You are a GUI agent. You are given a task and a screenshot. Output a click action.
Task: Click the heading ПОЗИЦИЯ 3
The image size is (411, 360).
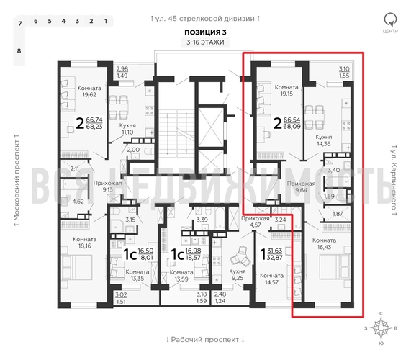click(x=204, y=32)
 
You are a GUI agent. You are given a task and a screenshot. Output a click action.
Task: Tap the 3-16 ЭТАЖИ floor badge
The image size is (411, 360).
click(x=204, y=43)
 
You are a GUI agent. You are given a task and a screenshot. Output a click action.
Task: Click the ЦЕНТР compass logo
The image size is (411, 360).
click(x=391, y=22)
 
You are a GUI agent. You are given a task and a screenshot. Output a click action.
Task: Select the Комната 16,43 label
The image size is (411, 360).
click(x=325, y=244)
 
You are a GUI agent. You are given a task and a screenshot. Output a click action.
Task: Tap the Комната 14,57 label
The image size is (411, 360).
click(x=271, y=279)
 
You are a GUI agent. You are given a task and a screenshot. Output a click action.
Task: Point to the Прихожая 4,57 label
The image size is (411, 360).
click(x=254, y=221)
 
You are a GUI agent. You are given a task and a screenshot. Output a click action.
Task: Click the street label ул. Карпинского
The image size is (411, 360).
click(x=394, y=181)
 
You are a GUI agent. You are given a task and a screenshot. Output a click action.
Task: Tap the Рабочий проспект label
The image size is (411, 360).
click(x=205, y=338)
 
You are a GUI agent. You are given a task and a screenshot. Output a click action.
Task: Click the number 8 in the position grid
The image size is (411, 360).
click(x=19, y=51)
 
